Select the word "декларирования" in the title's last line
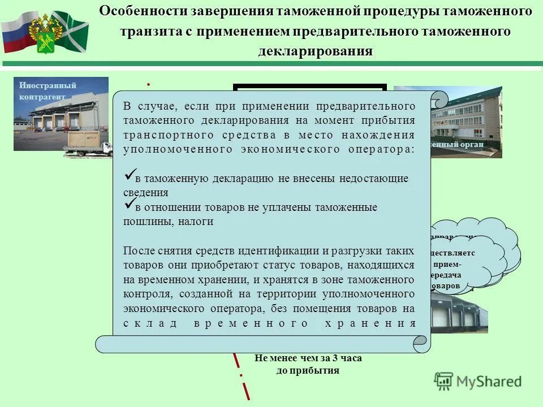point(316,51)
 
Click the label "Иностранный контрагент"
point(48,90)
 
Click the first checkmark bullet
point(129,175)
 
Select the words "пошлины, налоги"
point(169,222)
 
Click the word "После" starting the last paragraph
point(137,250)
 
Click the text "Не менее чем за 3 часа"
point(308,358)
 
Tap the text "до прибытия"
point(308,371)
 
